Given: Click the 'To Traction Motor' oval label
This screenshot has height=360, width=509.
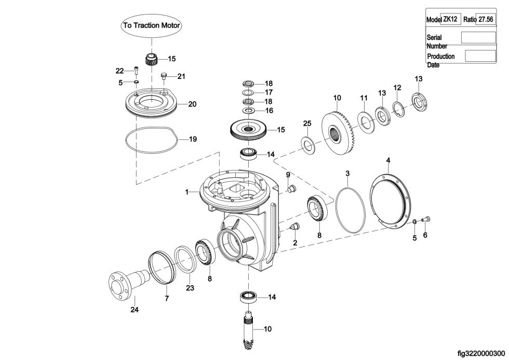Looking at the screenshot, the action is tap(151, 25).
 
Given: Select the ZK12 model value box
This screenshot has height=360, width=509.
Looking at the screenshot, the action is tap(450, 19).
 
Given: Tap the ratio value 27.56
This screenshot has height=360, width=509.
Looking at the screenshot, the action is tap(486, 19).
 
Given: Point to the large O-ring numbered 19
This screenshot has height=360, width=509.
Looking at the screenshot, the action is tap(126, 140).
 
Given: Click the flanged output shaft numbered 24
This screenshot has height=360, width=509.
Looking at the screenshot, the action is tap(128, 285).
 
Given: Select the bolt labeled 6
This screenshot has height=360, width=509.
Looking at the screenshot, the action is tap(425, 219).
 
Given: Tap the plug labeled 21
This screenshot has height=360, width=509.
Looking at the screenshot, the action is tap(164, 76).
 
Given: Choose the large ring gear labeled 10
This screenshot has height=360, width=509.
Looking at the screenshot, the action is tap(338, 133).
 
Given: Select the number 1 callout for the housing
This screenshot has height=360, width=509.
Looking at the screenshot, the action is tap(186, 192).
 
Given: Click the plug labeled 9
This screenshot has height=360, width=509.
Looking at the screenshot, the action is tap(291, 188).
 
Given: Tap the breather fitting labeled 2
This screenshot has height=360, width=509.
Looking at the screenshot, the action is tap(296, 226).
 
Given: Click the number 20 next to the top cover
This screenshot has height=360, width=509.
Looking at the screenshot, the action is tap(192, 104).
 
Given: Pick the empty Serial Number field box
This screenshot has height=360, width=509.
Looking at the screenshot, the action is tap(478, 37).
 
